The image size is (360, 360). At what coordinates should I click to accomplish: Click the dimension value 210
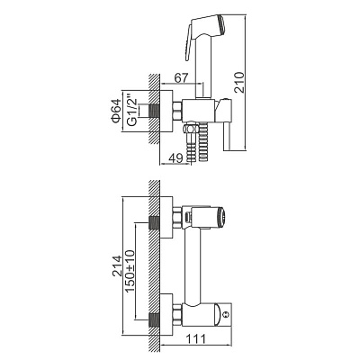pos(240,82)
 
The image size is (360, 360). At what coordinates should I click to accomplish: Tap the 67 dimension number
pos(181,78)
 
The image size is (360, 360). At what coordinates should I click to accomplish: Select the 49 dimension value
pos(175,158)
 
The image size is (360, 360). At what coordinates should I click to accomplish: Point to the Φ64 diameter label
pos(116,111)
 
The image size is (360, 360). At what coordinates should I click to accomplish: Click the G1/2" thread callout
pos(132,111)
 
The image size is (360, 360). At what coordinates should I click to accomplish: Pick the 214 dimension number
pos(116,265)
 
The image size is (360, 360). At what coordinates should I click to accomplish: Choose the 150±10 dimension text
pos(130,271)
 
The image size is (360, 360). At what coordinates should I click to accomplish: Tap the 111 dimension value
pos(196,339)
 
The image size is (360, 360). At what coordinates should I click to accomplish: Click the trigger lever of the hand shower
pos(189,42)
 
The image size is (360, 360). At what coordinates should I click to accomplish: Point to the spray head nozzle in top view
pos(223,23)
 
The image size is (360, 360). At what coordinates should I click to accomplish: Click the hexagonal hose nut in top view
pos(191,129)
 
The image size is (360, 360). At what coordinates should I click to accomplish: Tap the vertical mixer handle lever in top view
pos(227,137)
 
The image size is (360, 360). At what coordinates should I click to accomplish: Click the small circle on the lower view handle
pos(227,314)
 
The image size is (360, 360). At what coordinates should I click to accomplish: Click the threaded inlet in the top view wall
pos(155,111)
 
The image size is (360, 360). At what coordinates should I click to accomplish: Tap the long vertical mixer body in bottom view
pos(193,267)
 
